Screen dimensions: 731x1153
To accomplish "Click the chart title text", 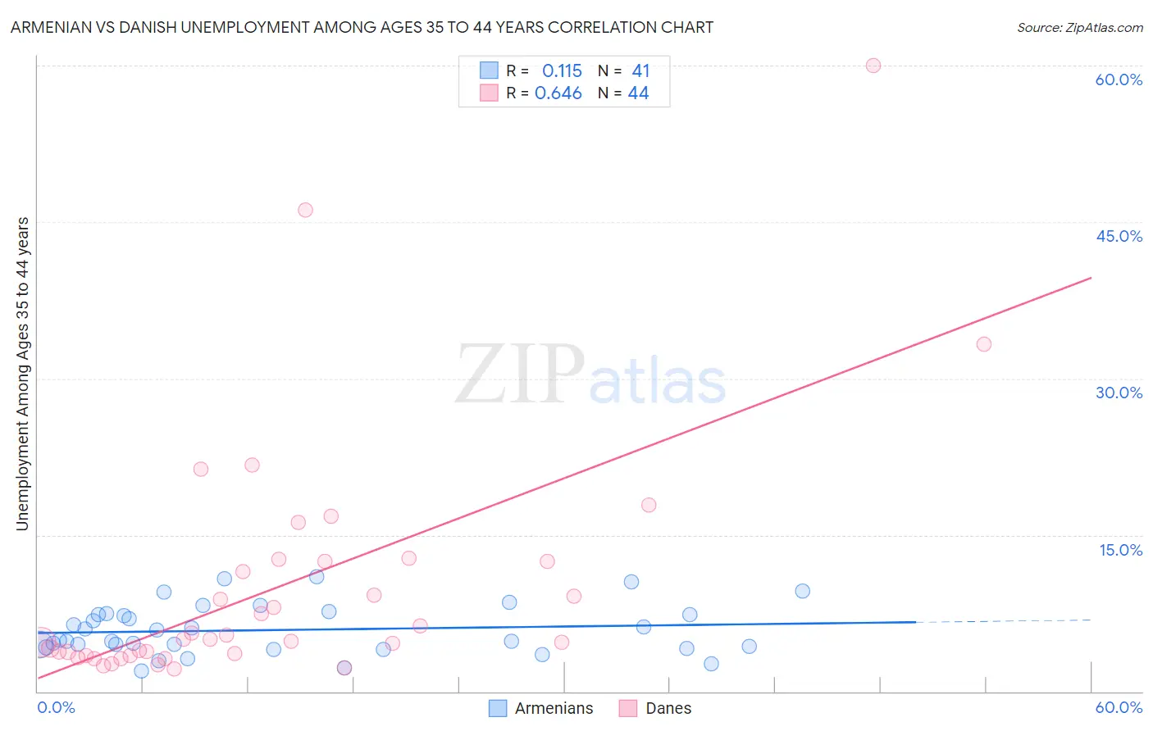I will pyautogui.click(x=362, y=27).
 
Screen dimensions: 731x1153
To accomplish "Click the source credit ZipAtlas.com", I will pyautogui.click(x=1079, y=27).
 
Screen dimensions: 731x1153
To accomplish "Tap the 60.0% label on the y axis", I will pyautogui.click(x=1119, y=79).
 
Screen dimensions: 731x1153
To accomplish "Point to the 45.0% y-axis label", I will pyautogui.click(x=1119, y=236).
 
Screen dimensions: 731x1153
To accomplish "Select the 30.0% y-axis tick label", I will pyautogui.click(x=1119, y=393).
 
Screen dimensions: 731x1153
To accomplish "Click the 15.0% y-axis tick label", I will pyautogui.click(x=1120, y=550).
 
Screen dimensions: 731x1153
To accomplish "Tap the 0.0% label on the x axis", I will pyautogui.click(x=56, y=707).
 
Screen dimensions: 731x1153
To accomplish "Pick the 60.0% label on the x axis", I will pyautogui.click(x=1119, y=707).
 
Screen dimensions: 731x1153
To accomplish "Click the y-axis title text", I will pyautogui.click(x=22, y=374).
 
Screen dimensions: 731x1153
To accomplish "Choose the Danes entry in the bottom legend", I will pyautogui.click(x=668, y=708).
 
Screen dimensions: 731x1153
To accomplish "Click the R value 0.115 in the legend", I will pyautogui.click(x=562, y=70).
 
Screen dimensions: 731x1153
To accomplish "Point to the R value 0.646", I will pyautogui.click(x=558, y=93).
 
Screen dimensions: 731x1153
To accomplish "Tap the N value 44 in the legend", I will pyautogui.click(x=638, y=93).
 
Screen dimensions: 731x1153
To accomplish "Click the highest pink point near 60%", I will pyautogui.click(x=873, y=66).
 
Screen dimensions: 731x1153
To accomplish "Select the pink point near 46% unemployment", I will pyautogui.click(x=305, y=210).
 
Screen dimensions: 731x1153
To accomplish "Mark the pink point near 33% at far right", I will pyautogui.click(x=984, y=344).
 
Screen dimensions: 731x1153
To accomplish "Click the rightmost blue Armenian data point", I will pyautogui.click(x=803, y=591).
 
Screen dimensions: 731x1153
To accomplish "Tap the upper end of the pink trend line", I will pyautogui.click(x=1090, y=279).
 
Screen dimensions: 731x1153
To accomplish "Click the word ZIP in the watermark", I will pyautogui.click(x=520, y=374).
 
